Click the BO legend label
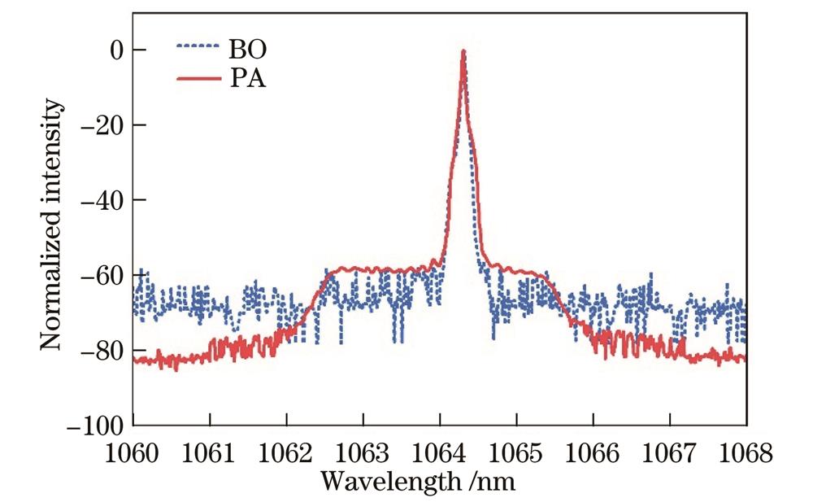[x=249, y=50]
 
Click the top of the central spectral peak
[x=463, y=52]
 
